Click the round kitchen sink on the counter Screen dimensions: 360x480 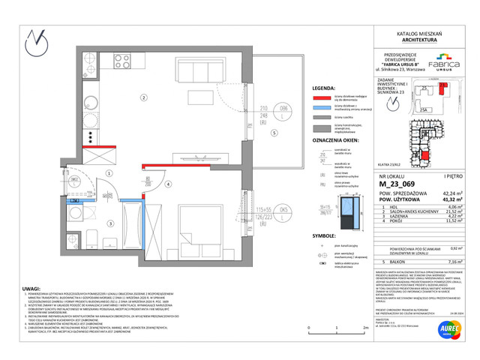(90, 103)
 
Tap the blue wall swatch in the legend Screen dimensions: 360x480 (322, 107)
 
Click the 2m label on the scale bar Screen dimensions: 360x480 (365, 328)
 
